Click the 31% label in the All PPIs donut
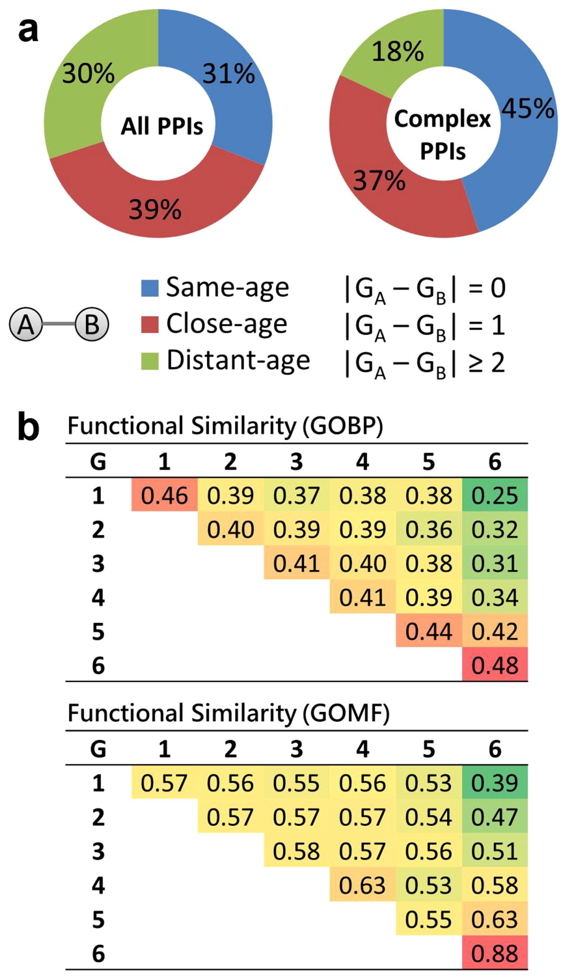[229, 74]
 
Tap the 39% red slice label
[155, 210]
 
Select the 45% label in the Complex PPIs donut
[528, 108]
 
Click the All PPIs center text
[162, 127]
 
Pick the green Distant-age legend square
[150, 361]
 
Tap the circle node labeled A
[26, 325]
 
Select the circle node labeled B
[92, 325]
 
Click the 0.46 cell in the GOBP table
[164, 495]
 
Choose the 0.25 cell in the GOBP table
[495, 495]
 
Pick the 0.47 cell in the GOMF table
[495, 817]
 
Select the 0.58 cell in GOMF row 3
[296, 852]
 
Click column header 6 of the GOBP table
[495, 462]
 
